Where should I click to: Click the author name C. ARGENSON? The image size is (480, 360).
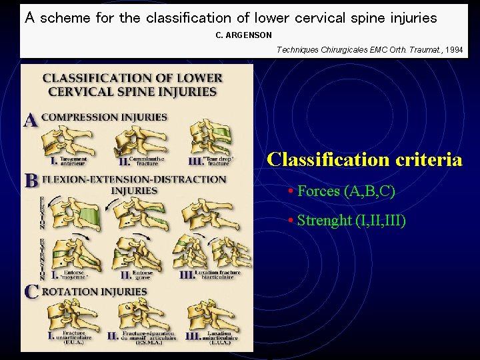point(243,35)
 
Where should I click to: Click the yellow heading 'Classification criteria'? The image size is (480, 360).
point(364,160)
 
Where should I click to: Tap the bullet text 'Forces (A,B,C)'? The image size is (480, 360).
point(346,191)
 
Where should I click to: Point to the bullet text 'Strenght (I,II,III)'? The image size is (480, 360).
point(351,220)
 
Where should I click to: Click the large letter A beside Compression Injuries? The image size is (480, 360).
point(31,120)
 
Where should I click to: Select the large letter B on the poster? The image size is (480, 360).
point(31,181)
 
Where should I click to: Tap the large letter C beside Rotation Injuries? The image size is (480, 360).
point(31,291)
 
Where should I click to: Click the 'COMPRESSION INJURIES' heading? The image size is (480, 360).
point(104,117)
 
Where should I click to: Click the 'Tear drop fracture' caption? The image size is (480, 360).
point(211,161)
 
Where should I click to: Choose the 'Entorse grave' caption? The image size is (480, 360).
point(144,275)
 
